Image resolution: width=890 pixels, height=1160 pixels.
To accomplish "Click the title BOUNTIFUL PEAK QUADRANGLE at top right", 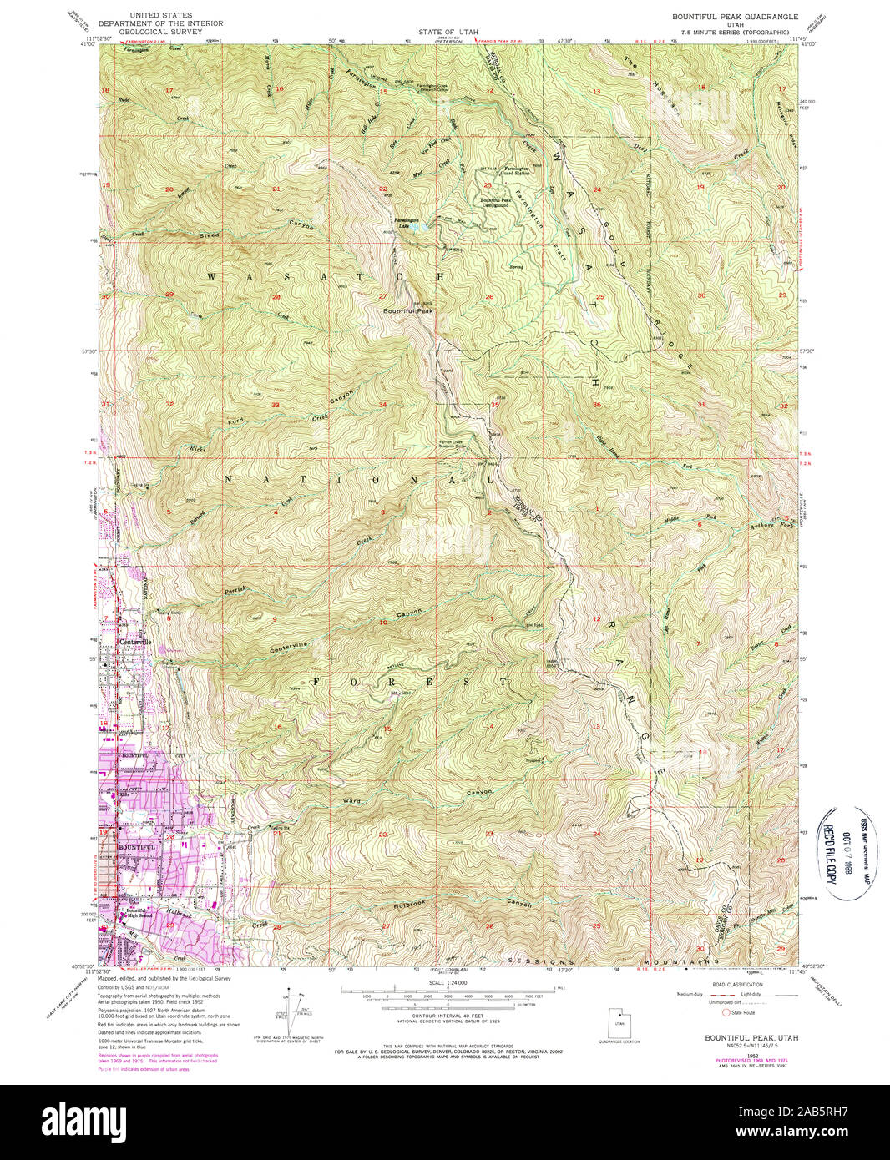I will (x=735, y=17).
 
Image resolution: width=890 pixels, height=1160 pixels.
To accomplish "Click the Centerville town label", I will (x=134, y=642).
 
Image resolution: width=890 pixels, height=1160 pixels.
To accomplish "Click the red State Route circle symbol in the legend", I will (x=726, y=1011).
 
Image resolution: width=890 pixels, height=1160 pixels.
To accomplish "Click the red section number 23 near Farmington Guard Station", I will (x=487, y=185).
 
